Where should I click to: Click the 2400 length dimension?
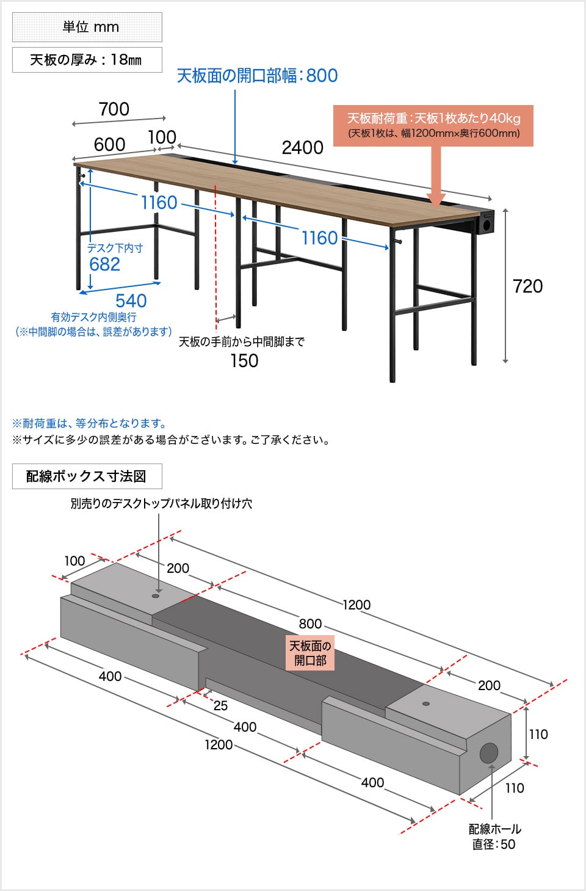pos(302,148)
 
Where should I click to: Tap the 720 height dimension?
pos(527,286)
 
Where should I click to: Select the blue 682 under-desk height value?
pos(104,264)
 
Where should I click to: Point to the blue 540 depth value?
pos(131,300)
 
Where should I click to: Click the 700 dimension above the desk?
pos(114,109)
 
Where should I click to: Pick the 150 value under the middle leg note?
pos(244,361)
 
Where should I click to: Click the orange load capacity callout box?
pos(433,125)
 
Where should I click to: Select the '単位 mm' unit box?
pos(87,27)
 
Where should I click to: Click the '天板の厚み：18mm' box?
pos(87,60)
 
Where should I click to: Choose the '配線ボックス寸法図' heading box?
pos(87,476)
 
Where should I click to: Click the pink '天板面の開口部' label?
pos(310,653)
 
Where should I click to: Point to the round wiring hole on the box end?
pos(489,753)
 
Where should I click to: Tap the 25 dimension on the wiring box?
pos(220,706)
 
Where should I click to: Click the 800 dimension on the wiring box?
pos(310,624)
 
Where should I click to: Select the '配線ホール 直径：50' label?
pos(494,837)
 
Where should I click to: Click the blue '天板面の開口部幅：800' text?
pos(257,76)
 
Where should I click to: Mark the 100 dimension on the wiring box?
pos(74,561)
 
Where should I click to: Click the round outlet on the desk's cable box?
pos(487,225)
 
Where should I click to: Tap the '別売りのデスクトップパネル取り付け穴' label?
pos(161,504)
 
